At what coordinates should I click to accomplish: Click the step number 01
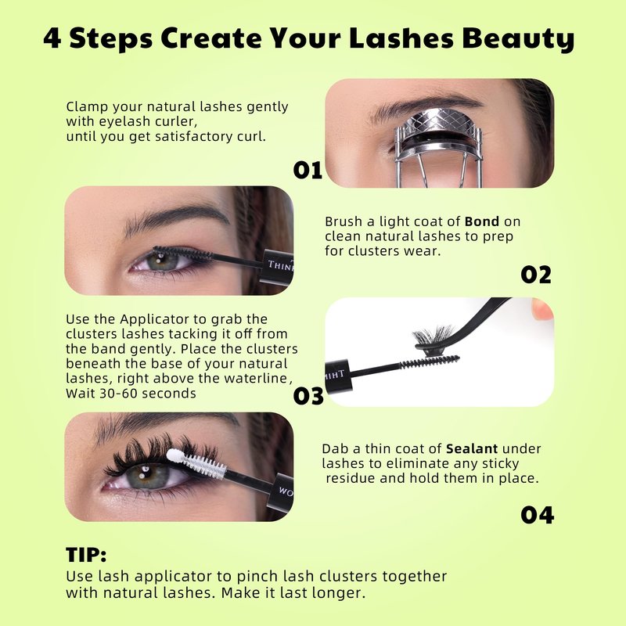point(308,171)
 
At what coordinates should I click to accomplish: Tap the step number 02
point(536,275)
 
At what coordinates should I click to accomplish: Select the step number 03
point(308,396)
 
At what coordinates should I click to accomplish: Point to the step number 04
point(538,515)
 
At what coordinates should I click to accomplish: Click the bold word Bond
point(482,221)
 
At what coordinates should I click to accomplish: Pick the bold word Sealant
point(472,448)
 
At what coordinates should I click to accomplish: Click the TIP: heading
point(86,555)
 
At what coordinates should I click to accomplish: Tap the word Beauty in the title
point(518,39)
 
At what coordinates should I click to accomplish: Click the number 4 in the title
point(52,38)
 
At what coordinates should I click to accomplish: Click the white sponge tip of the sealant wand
point(174,455)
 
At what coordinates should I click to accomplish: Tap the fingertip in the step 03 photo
point(542,309)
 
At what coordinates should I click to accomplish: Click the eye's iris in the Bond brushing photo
point(162,261)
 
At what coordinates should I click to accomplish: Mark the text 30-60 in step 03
point(118,394)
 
